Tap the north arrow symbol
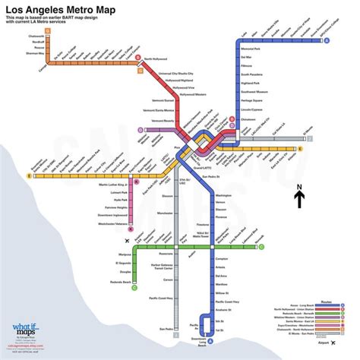tap(299, 197)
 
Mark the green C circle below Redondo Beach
tap(113, 288)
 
